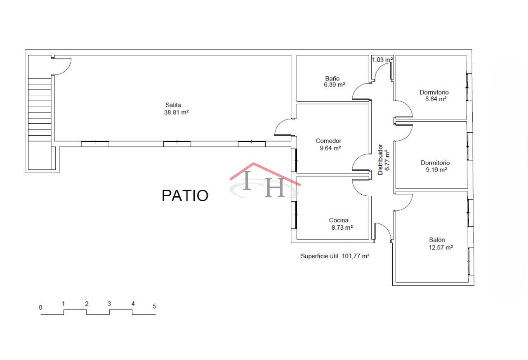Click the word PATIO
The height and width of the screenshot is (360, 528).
pyautogui.click(x=185, y=195)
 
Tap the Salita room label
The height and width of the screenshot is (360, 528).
pyautogui.click(x=173, y=105)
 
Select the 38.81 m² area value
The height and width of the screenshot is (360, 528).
pyautogui.click(x=176, y=113)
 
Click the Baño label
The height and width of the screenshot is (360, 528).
pyautogui.click(x=332, y=78)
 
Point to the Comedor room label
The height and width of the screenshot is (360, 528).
pyautogui.click(x=329, y=141)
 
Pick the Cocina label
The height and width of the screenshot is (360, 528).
pyautogui.click(x=339, y=220)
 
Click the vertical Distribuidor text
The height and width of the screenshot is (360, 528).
pyautogui.click(x=380, y=160)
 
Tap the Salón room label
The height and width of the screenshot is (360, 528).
pyautogui.click(x=437, y=240)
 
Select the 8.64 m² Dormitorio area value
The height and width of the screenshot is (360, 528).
pyautogui.click(x=436, y=99)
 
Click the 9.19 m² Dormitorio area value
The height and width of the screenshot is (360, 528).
pyautogui.click(x=436, y=170)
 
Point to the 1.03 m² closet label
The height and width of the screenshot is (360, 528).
pyautogui.click(x=382, y=60)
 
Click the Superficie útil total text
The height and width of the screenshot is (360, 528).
pyautogui.click(x=335, y=256)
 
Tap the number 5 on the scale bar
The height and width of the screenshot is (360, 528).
pyautogui.click(x=154, y=306)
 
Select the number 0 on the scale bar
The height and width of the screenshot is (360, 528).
pyautogui.click(x=40, y=308)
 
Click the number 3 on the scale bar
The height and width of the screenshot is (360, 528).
pyautogui.click(x=109, y=304)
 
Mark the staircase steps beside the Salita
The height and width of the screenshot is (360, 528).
pyautogui.click(x=40, y=110)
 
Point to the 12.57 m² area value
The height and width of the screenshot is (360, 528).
pyautogui.click(x=441, y=247)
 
